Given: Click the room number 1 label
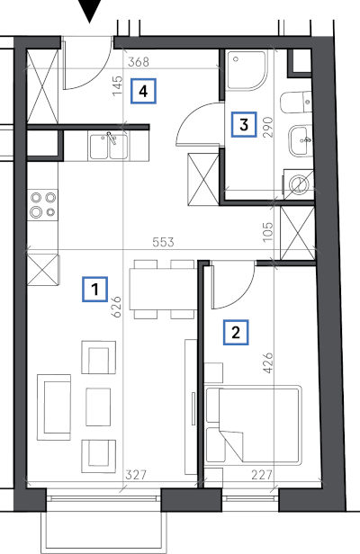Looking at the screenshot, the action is coord(94,290).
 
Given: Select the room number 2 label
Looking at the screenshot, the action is coord(236,332).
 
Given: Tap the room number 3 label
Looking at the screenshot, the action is coord(244,124).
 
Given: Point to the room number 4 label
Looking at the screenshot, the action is coord(143,91).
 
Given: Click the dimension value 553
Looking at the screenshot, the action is coord(164,243).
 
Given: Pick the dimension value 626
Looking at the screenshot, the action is coord(116,307).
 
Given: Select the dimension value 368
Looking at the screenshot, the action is coord(139,62).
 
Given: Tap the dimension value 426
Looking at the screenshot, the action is coord(268,362).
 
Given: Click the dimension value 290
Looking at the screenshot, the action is coord(268,127).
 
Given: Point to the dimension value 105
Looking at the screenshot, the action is coord(268,232).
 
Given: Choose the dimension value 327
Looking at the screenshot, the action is coord(136,475).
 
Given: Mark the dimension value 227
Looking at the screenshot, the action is coord(262,475).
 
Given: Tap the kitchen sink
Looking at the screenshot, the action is coord(109,147).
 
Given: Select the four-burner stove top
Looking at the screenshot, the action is coord(43,205).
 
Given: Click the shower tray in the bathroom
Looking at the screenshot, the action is coord(246,70).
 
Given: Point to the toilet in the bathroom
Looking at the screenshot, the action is coord(296,103).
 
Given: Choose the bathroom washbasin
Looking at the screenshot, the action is coord(301,140).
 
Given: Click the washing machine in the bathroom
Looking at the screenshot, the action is coord(299,184).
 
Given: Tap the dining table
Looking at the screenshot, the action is coord(164,289).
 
